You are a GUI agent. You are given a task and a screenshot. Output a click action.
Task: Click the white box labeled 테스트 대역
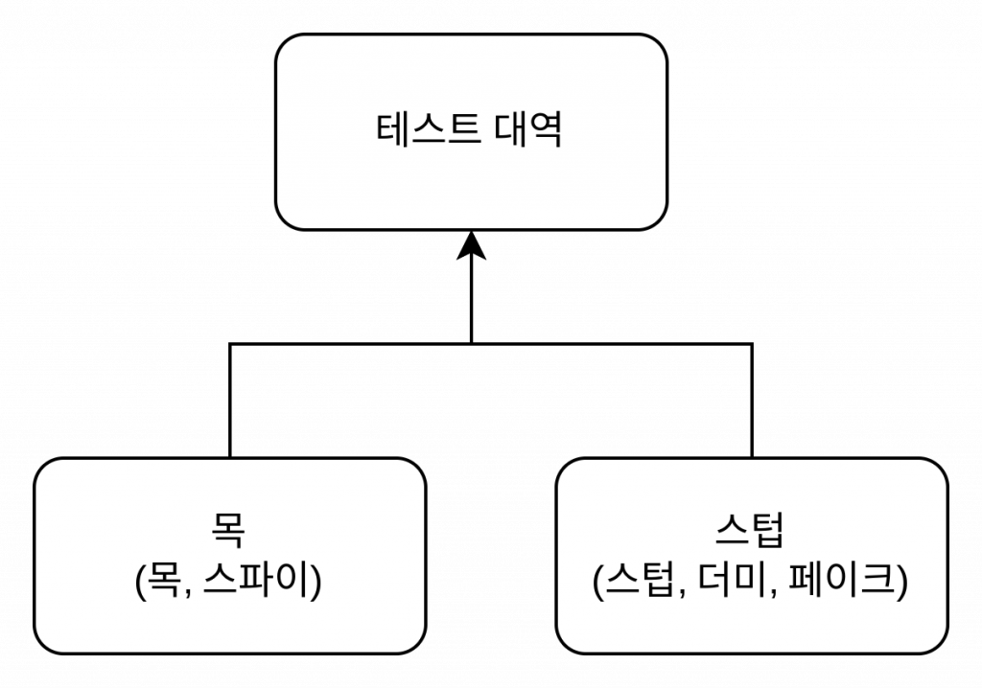click(x=470, y=182)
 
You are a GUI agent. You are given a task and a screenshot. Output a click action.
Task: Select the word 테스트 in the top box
click(x=428, y=131)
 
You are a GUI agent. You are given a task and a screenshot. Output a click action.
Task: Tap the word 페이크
click(x=844, y=582)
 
